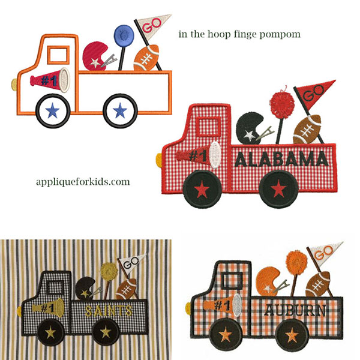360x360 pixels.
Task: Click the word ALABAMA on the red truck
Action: [x=281, y=159]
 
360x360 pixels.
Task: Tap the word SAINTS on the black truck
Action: [x=109, y=311]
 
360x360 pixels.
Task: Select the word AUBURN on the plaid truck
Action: [x=295, y=310]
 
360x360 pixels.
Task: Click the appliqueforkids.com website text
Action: [x=83, y=182]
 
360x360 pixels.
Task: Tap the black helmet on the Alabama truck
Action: [x=250, y=128]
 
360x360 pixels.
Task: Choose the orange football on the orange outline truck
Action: [x=146, y=58]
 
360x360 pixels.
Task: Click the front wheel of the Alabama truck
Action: [x=202, y=189]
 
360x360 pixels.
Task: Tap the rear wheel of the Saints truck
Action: [x=106, y=331]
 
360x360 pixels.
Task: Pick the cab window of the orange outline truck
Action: [x=59, y=55]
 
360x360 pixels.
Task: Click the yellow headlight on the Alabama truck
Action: [x=159, y=160]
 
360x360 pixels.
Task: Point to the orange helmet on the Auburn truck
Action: [x=268, y=281]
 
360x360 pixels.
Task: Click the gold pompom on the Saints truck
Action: [x=109, y=271]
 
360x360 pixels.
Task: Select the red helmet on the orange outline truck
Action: [x=95, y=56]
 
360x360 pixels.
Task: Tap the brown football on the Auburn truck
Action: [x=318, y=284]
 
